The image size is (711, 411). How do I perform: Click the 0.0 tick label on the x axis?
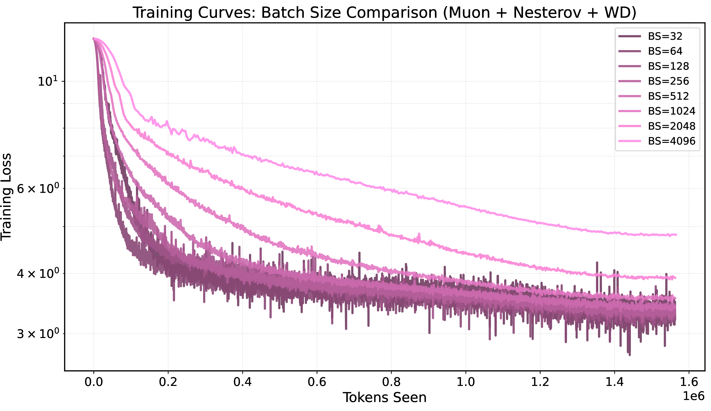(x=94, y=382)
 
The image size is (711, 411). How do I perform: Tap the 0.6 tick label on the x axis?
(x=317, y=382)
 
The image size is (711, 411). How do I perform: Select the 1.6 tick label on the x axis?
(x=689, y=382)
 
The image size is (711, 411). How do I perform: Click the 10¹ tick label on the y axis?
(x=47, y=81)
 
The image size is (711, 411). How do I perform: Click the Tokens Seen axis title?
(x=385, y=398)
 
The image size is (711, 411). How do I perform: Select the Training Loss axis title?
(x=6, y=197)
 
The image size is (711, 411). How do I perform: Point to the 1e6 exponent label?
(x=693, y=396)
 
